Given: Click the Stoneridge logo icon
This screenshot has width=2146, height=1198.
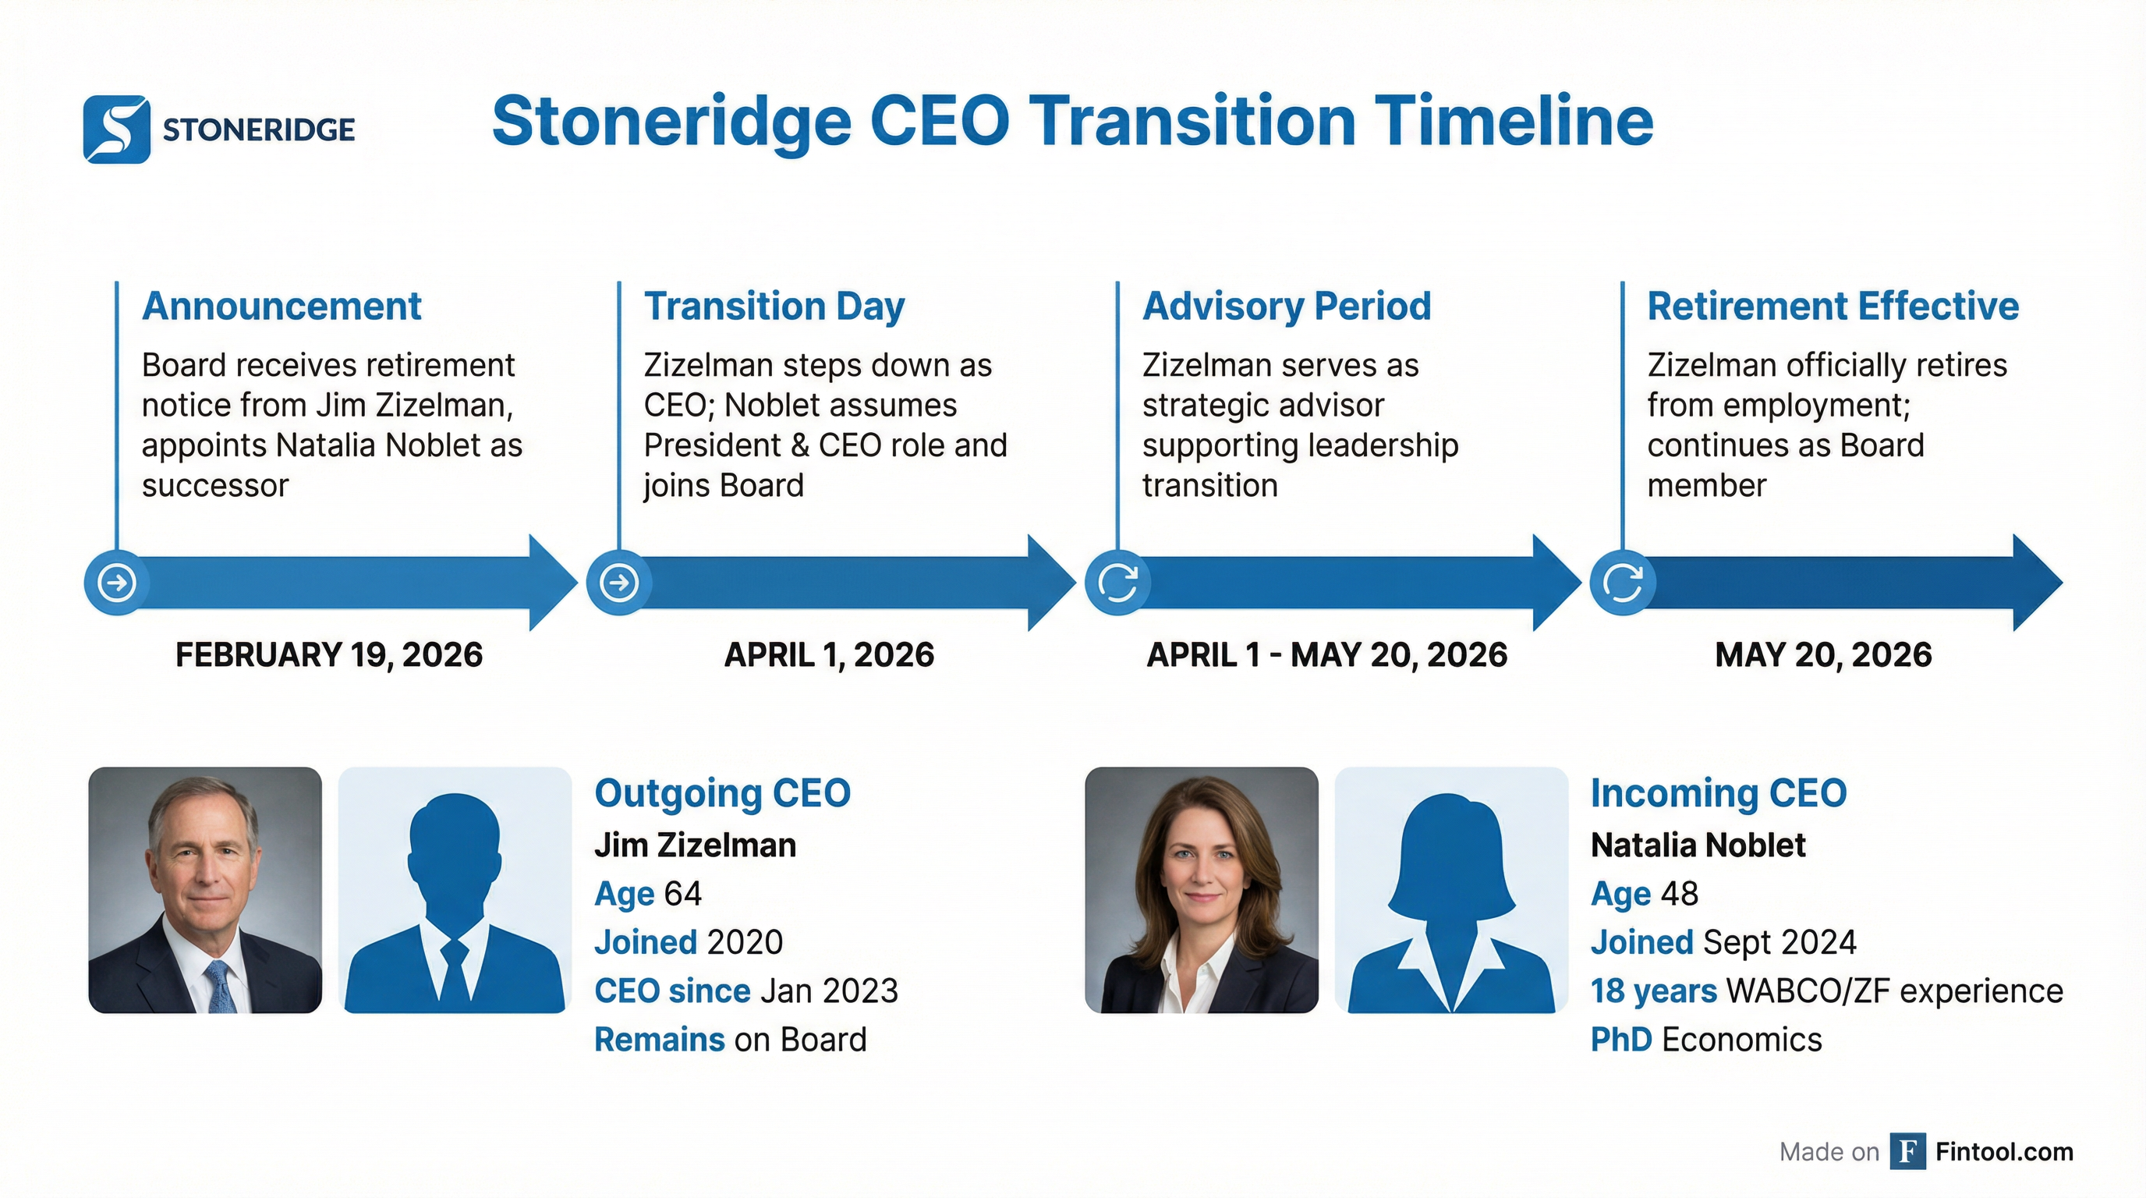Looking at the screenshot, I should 117,129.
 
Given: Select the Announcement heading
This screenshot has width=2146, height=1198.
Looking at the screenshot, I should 282,306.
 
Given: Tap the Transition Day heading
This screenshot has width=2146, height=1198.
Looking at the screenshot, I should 774,306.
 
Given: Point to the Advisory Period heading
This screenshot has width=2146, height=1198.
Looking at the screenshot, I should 1286,306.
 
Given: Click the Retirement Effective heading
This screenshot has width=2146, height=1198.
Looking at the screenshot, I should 1833,306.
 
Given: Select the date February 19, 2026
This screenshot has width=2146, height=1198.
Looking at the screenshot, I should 328,655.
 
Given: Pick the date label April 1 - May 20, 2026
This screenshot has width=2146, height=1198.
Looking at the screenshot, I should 1326,655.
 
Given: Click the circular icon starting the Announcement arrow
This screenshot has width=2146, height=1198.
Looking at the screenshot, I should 117,583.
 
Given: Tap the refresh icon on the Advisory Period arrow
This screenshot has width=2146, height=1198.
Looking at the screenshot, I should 1117,583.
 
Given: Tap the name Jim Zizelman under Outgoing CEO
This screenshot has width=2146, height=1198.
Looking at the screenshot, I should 695,845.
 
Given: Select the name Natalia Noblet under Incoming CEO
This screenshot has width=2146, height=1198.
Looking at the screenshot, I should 1697,845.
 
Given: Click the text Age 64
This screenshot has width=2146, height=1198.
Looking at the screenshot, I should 647,894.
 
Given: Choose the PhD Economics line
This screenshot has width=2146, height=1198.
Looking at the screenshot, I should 1705,1040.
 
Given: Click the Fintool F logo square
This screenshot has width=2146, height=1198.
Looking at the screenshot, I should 1907,1151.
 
